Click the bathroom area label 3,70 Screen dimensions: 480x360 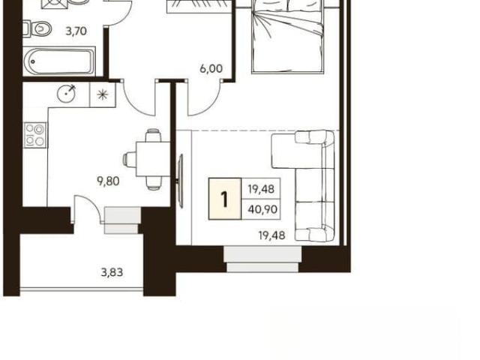coord(76,31)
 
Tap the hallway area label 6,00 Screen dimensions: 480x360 coord(211,68)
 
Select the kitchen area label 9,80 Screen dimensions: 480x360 coord(108,181)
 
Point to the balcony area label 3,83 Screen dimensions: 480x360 coord(112,272)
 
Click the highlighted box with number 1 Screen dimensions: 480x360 coord(225,199)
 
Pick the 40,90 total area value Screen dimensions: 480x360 coord(262,210)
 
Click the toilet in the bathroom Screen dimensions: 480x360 coord(37,28)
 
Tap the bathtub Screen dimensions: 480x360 coord(59,61)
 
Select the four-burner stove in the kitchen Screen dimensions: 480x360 coord(35,135)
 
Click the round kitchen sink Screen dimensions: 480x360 coord(66,92)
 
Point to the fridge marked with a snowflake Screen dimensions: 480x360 coord(103,94)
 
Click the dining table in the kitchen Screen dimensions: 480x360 coord(153,159)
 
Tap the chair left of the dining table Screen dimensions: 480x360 coord(130,160)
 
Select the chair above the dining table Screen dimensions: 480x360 coord(153,136)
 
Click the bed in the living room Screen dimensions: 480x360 coord(287,37)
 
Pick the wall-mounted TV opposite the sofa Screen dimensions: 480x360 coord(181,181)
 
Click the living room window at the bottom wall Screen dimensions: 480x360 coord(262,259)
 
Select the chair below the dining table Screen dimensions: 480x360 coord(153,183)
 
